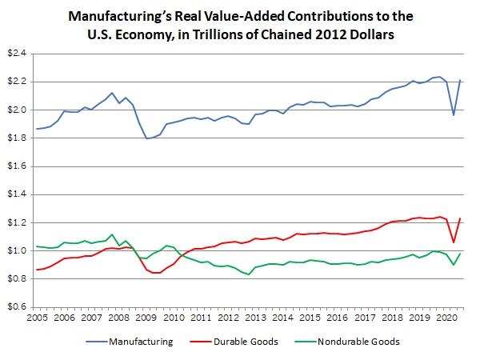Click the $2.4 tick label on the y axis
tap(18, 54)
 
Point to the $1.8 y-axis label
tap(18, 138)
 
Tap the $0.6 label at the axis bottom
tap(18, 307)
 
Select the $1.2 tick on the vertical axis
tap(18, 222)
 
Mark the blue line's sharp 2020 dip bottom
tap(454, 115)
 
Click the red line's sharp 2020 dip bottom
tap(454, 242)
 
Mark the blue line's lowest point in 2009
tap(146, 138)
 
